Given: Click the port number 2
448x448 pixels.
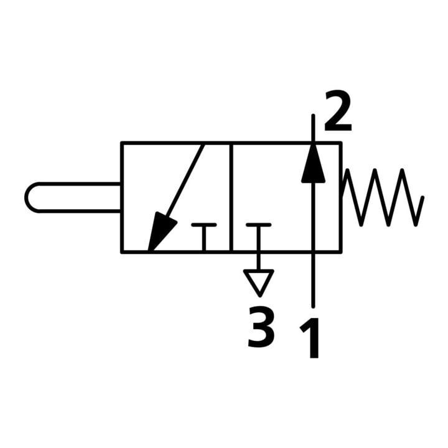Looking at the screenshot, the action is tap(338, 111).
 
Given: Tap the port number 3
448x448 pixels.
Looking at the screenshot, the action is tap(261, 327).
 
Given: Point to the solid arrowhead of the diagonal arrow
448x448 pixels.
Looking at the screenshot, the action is tap(161, 232).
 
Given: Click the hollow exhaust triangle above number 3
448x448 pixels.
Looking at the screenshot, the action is tap(259, 283).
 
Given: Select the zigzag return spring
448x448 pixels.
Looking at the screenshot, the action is tap(383, 197).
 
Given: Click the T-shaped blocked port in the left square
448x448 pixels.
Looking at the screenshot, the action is tap(203, 238).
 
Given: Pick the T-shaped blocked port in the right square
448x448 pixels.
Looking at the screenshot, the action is tap(259, 238).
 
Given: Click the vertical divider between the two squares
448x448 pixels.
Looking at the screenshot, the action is tap(231, 197).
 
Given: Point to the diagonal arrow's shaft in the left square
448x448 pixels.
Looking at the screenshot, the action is tap(185, 180).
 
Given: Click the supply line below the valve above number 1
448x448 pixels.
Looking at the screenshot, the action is tap(314, 280).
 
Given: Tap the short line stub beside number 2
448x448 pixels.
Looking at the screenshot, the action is tap(314, 128).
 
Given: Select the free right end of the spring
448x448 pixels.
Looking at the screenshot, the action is tap(423, 197).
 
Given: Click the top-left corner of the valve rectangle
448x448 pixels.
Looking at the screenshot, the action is tap(122, 142).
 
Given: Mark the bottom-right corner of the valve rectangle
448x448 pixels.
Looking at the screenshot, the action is tap(340, 252).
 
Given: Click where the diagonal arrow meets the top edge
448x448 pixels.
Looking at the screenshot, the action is tap(203, 144).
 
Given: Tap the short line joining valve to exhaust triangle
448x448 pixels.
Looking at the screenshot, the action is tap(259, 261).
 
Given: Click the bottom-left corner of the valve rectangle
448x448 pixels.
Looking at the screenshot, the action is tap(122, 252).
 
